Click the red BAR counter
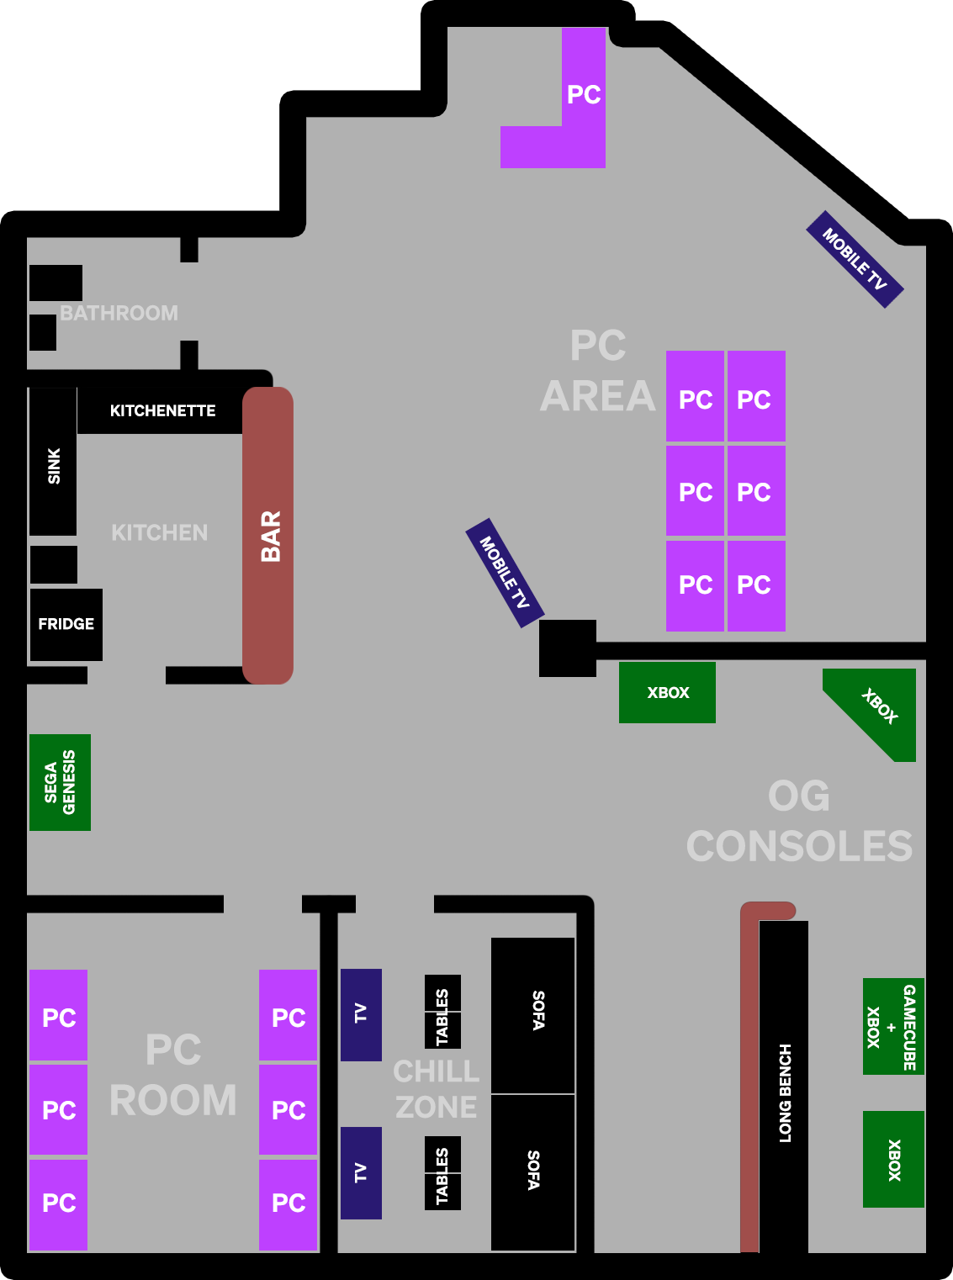267,536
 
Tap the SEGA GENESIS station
60,782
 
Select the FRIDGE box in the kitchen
66,624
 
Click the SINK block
53,462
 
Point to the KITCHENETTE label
162,410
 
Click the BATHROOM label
119,313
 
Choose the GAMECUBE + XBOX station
893,1026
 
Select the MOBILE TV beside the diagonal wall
855,259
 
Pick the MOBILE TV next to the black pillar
505,573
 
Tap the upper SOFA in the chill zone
533,1014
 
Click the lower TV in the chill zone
361,1172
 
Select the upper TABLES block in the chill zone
442,1011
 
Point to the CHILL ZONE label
436,1089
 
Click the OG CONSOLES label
799,822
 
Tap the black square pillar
568,648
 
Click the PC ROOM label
173,1075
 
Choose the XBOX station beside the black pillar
667,692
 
